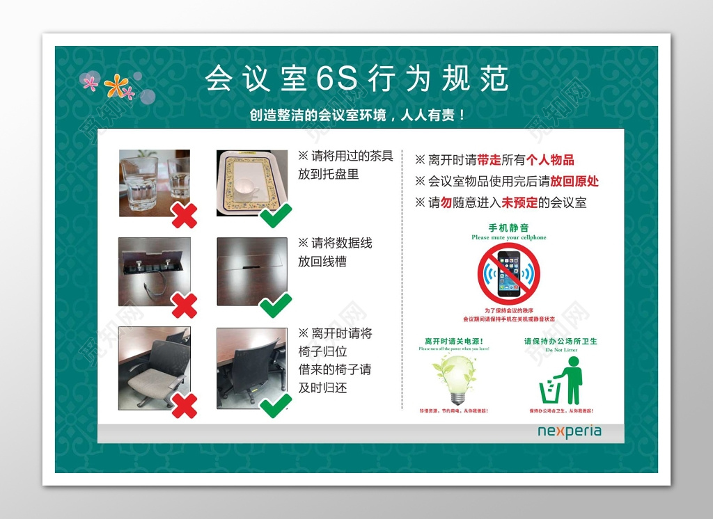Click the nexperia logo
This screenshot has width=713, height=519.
(x=569, y=431)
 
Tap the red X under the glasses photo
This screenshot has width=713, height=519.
(x=184, y=215)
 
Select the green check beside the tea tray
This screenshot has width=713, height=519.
(x=276, y=215)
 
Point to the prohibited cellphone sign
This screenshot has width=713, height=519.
(x=509, y=273)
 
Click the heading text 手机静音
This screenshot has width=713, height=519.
(x=508, y=227)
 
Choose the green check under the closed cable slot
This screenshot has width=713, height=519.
(x=276, y=305)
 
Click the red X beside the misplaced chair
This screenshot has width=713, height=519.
(x=184, y=405)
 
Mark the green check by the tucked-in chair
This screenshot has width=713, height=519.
(x=276, y=404)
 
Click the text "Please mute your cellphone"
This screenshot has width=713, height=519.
(x=509, y=238)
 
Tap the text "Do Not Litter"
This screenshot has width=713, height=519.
(x=561, y=350)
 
